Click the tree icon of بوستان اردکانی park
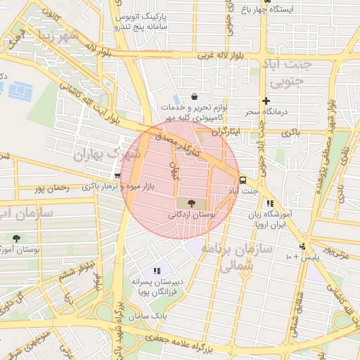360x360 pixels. pyautogui.click(x=192, y=202)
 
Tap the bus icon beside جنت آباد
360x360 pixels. pyautogui.click(x=243, y=179)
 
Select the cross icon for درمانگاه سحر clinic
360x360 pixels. pyautogui.click(x=266, y=101)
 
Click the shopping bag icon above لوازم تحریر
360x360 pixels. pyautogui.click(x=194, y=97)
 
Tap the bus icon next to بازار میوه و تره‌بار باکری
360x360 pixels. pyautogui.click(x=117, y=176)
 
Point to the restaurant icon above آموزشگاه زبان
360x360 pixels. pyautogui.click(x=270, y=203)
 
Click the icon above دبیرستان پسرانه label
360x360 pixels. pyautogui.click(x=157, y=271)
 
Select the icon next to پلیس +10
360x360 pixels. pyautogui.click(x=302, y=246)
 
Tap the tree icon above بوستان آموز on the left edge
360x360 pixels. pyautogui.click(x=16, y=238)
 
